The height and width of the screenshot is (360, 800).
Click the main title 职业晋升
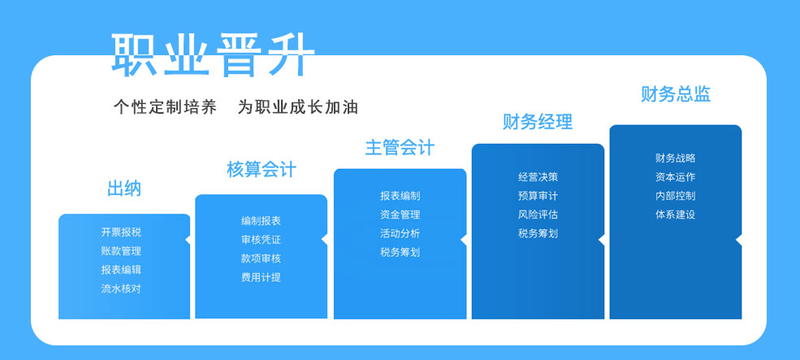click(214, 54)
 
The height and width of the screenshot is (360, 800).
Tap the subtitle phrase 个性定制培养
click(166, 107)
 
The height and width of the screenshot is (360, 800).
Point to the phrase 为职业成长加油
click(298, 107)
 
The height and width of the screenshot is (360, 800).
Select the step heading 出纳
click(124, 189)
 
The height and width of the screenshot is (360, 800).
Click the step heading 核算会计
click(262, 169)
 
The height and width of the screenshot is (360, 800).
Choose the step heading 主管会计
click(400, 148)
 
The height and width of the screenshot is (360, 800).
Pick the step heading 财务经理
click(538, 122)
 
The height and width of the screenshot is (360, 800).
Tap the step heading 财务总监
click(676, 94)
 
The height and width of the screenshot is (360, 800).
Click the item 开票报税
click(121, 232)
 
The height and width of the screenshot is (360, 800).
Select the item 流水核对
click(121, 288)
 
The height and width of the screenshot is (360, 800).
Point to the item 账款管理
click(121, 251)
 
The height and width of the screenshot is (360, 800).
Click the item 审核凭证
click(262, 240)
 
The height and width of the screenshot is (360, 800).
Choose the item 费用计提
click(262, 277)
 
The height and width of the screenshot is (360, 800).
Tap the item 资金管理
click(400, 215)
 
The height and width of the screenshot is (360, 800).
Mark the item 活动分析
click(400, 233)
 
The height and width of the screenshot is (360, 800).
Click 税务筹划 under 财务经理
click(538, 233)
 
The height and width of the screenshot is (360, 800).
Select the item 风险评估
click(538, 215)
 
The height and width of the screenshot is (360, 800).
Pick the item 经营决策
click(538, 177)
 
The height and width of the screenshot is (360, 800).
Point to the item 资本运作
click(676, 177)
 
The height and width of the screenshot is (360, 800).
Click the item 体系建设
click(676, 215)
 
